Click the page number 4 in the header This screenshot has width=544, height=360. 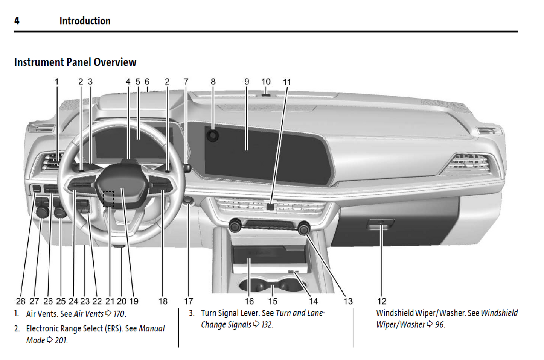point(17,21)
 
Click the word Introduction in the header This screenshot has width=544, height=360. point(85,21)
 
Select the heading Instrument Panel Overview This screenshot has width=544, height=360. point(75,62)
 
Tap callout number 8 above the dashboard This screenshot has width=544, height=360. point(213,82)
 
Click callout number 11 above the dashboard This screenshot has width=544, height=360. point(287,82)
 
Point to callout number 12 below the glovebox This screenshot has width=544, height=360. point(381,301)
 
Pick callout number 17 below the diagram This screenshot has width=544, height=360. point(189,301)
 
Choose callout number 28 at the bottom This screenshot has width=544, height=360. point(21,301)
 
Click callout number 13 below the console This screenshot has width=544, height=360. point(348,301)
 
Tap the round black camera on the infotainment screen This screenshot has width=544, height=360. point(213,136)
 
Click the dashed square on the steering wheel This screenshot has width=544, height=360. point(108,199)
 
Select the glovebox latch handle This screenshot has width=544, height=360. point(380,223)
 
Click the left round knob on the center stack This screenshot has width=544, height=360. point(235,225)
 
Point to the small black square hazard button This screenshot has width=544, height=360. point(270,206)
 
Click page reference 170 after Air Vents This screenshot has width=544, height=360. point(119,314)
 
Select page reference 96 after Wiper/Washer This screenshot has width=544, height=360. point(440,324)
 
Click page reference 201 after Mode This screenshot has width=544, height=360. point(61,340)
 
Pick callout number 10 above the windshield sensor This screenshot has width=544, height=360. point(266,82)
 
